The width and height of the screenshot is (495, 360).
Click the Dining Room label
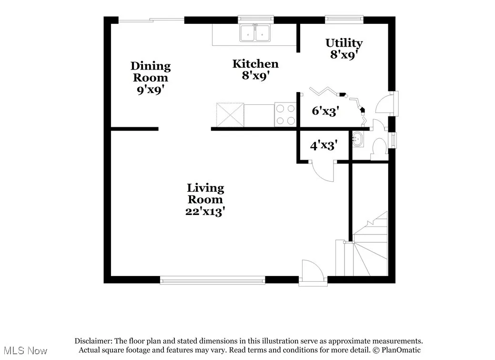click(x=150, y=78)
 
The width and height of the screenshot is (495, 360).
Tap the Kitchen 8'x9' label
click(x=255, y=70)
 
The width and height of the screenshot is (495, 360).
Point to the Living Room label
click(x=205, y=200)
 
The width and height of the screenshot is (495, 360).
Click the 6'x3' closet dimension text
click(x=325, y=112)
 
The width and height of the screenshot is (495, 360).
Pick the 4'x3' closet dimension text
click(x=324, y=145)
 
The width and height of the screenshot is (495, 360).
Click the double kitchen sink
click(x=255, y=33)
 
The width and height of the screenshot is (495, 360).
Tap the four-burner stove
click(x=286, y=114)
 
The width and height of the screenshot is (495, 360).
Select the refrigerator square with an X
click(x=230, y=114)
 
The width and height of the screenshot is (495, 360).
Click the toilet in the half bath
click(x=380, y=147)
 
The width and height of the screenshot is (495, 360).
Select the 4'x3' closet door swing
click(x=324, y=172)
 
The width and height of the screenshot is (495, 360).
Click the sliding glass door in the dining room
click(x=151, y=20)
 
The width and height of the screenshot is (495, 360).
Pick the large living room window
click(x=212, y=280)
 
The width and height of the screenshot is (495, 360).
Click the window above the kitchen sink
click(x=255, y=20)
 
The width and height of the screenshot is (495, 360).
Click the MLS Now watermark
click(x=24, y=351)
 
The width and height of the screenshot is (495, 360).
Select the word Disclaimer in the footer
click(x=94, y=341)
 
